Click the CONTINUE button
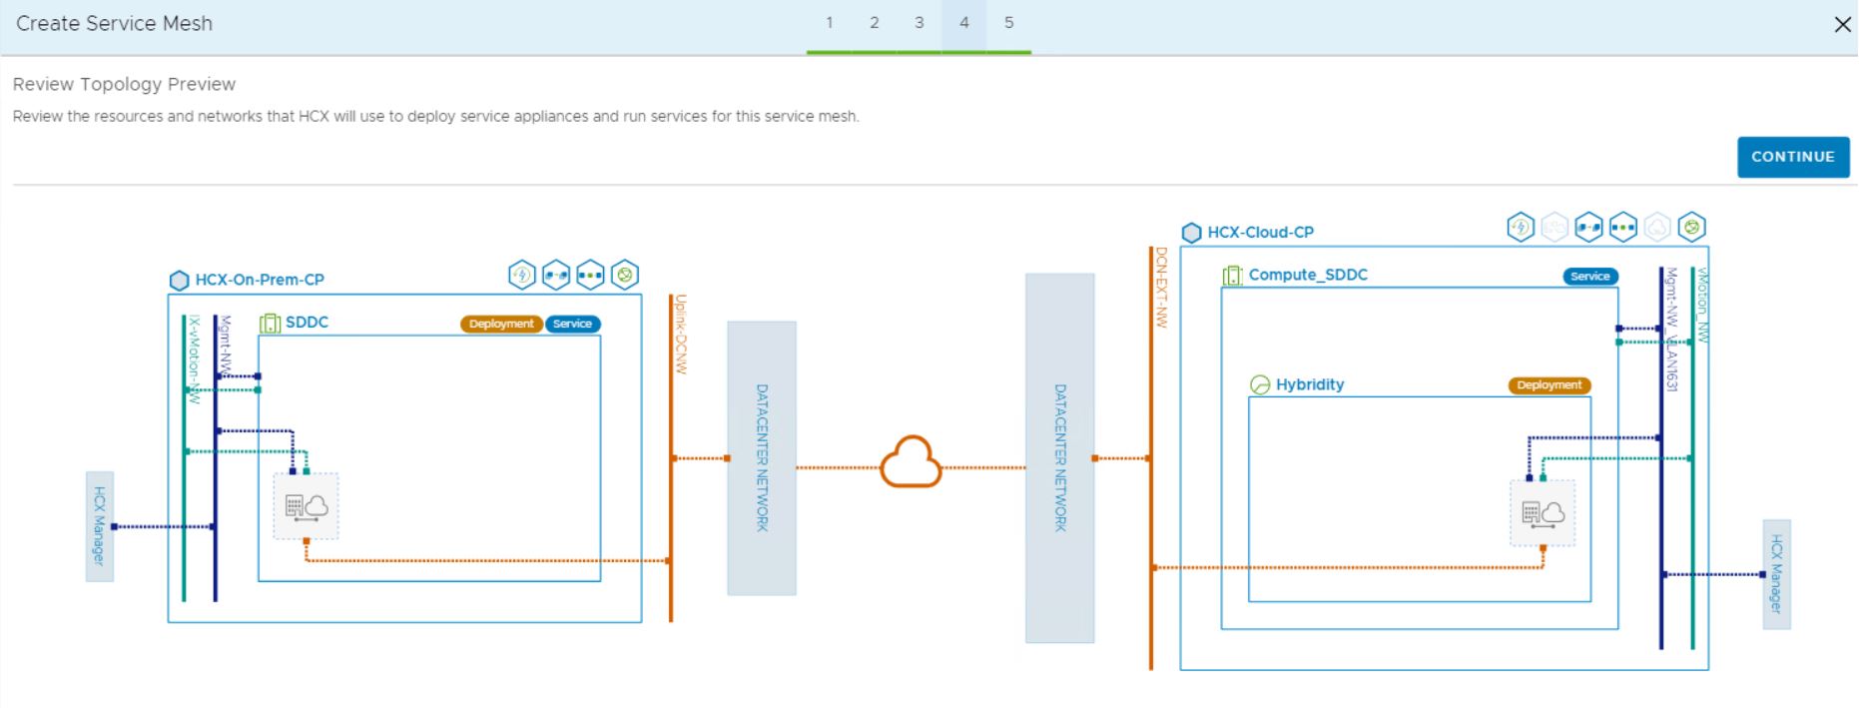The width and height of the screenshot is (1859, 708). pyautogui.click(x=1792, y=157)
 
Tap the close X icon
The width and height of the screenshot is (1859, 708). pyautogui.click(x=1842, y=25)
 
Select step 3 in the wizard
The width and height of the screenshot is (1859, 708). pyautogui.click(x=919, y=23)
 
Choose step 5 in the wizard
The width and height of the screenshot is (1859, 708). pyautogui.click(x=1008, y=23)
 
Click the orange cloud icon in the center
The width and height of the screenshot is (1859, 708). pyautogui.click(x=911, y=462)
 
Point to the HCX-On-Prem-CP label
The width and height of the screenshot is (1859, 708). pyautogui.click(x=259, y=280)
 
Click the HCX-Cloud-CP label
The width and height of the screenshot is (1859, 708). pyautogui.click(x=1260, y=232)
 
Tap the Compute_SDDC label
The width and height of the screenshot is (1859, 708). pyautogui.click(x=1307, y=275)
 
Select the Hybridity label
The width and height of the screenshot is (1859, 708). pyautogui.click(x=1309, y=384)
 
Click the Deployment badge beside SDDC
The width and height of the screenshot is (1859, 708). pyautogui.click(x=501, y=324)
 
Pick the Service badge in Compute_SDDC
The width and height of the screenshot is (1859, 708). pyautogui.click(x=1589, y=277)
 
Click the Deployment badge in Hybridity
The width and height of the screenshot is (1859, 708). pyautogui.click(x=1549, y=385)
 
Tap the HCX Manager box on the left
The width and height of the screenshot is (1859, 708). pyautogui.click(x=99, y=526)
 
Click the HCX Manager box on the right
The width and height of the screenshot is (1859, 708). pyautogui.click(x=1776, y=574)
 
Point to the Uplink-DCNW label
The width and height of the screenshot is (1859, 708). pyautogui.click(x=681, y=334)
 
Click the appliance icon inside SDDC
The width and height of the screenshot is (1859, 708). pyautogui.click(x=307, y=506)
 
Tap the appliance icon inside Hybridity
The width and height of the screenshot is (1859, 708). pyautogui.click(x=1543, y=513)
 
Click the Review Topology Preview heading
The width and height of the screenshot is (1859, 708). pyautogui.click(x=124, y=84)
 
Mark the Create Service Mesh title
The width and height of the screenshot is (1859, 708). pyautogui.click(x=114, y=23)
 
